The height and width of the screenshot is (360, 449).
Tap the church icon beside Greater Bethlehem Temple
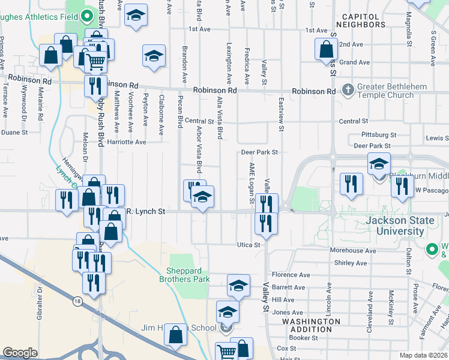(x=348, y=91)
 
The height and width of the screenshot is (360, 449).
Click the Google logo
(x=20, y=353)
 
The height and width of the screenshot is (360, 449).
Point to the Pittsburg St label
(x=379, y=135)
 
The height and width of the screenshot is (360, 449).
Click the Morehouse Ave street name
(x=355, y=251)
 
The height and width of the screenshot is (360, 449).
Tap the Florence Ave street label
(x=291, y=275)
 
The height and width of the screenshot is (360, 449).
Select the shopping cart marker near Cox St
(x=226, y=353)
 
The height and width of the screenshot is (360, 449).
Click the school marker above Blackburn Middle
(x=379, y=164)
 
